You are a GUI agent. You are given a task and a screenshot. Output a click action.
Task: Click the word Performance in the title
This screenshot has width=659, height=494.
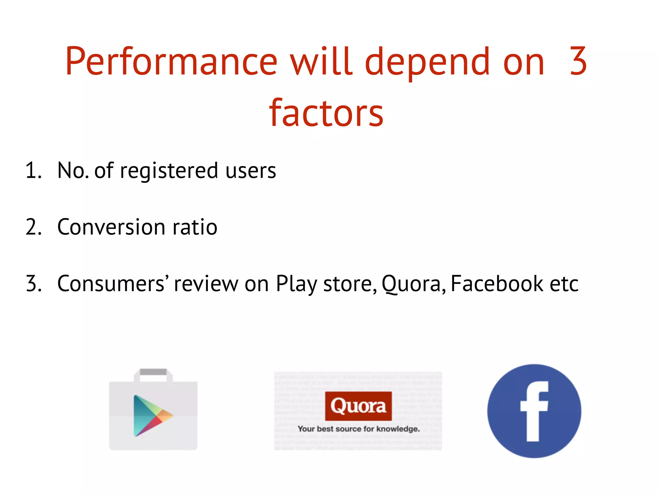[x=171, y=62]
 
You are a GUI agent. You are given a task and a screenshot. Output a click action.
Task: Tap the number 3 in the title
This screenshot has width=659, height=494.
[x=578, y=61]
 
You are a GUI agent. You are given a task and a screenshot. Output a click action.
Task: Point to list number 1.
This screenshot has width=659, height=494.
[x=33, y=170]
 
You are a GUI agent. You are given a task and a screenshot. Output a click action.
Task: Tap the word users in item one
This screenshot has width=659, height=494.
[x=250, y=171]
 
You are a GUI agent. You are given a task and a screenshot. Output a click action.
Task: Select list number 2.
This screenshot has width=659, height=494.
[x=33, y=227]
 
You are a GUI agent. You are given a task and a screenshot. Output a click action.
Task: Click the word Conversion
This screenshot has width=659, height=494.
[x=111, y=227]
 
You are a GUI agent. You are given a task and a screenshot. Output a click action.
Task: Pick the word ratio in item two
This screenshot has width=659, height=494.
[x=195, y=227]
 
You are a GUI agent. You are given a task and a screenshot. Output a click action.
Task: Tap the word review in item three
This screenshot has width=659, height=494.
[x=206, y=284]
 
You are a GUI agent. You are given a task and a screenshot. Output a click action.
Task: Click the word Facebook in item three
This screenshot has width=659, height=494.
[x=497, y=284]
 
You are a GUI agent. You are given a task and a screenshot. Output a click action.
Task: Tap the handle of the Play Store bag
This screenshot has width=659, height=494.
[x=153, y=372]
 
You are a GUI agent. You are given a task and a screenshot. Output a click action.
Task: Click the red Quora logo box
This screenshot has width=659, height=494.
[x=358, y=406]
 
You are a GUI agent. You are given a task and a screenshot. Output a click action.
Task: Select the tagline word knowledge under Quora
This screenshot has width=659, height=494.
[x=398, y=429]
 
